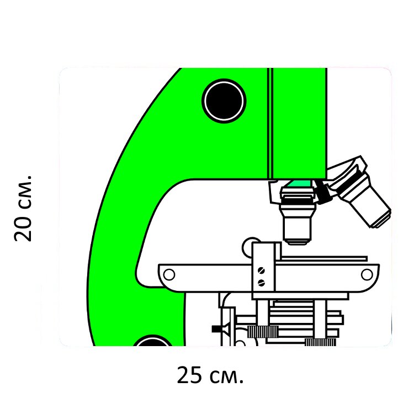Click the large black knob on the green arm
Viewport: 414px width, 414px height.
click(224, 101)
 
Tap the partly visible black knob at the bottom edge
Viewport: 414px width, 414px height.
click(152, 341)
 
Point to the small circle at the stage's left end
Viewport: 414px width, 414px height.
click(169, 274)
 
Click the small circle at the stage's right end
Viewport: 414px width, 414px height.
click(367, 274)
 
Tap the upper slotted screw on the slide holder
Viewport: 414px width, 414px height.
click(261, 270)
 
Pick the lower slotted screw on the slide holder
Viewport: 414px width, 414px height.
click(261, 283)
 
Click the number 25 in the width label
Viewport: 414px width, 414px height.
click(189, 375)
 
